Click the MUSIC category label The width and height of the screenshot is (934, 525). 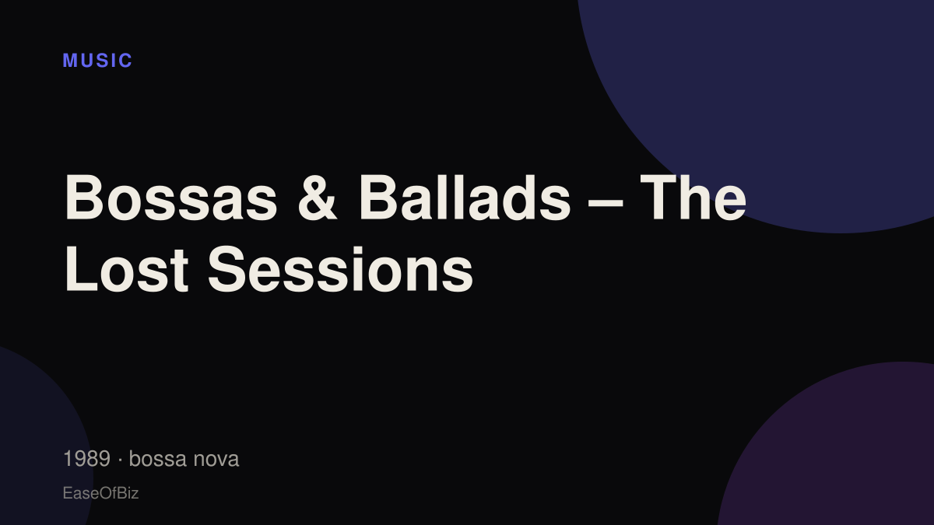[x=97, y=61]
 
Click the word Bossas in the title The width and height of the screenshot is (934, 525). [x=170, y=198]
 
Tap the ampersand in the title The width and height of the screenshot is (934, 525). [x=317, y=198]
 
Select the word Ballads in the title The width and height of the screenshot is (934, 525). [x=465, y=198]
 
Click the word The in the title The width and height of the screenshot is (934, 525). [x=693, y=198]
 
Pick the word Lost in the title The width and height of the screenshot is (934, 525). [x=127, y=269]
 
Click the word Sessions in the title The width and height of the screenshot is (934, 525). [x=340, y=269]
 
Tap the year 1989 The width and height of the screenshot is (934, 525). [x=86, y=459]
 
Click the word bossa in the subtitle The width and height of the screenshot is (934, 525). [x=157, y=459]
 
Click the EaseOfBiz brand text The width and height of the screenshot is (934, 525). [x=100, y=493]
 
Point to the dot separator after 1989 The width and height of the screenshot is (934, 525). [x=120, y=460]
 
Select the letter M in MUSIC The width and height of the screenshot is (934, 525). [x=69, y=61]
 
